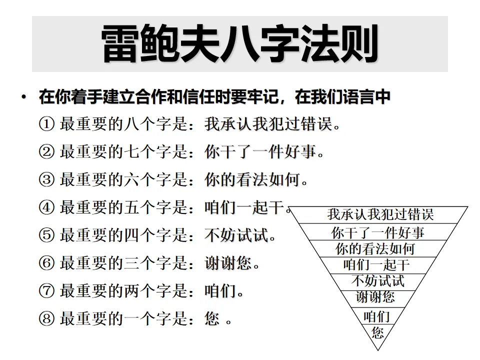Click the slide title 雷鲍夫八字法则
point(239,44)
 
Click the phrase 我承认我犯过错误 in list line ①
point(268,124)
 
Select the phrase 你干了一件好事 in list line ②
point(260,152)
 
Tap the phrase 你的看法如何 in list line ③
point(252,179)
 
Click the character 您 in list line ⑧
point(212,318)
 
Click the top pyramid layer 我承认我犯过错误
point(380,214)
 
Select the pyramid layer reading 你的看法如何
point(375,248)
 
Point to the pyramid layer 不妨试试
point(378,280)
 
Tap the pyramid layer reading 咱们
point(376,316)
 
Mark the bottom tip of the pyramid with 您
point(377,332)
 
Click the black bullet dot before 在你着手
point(23,96)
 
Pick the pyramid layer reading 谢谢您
point(375,297)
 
